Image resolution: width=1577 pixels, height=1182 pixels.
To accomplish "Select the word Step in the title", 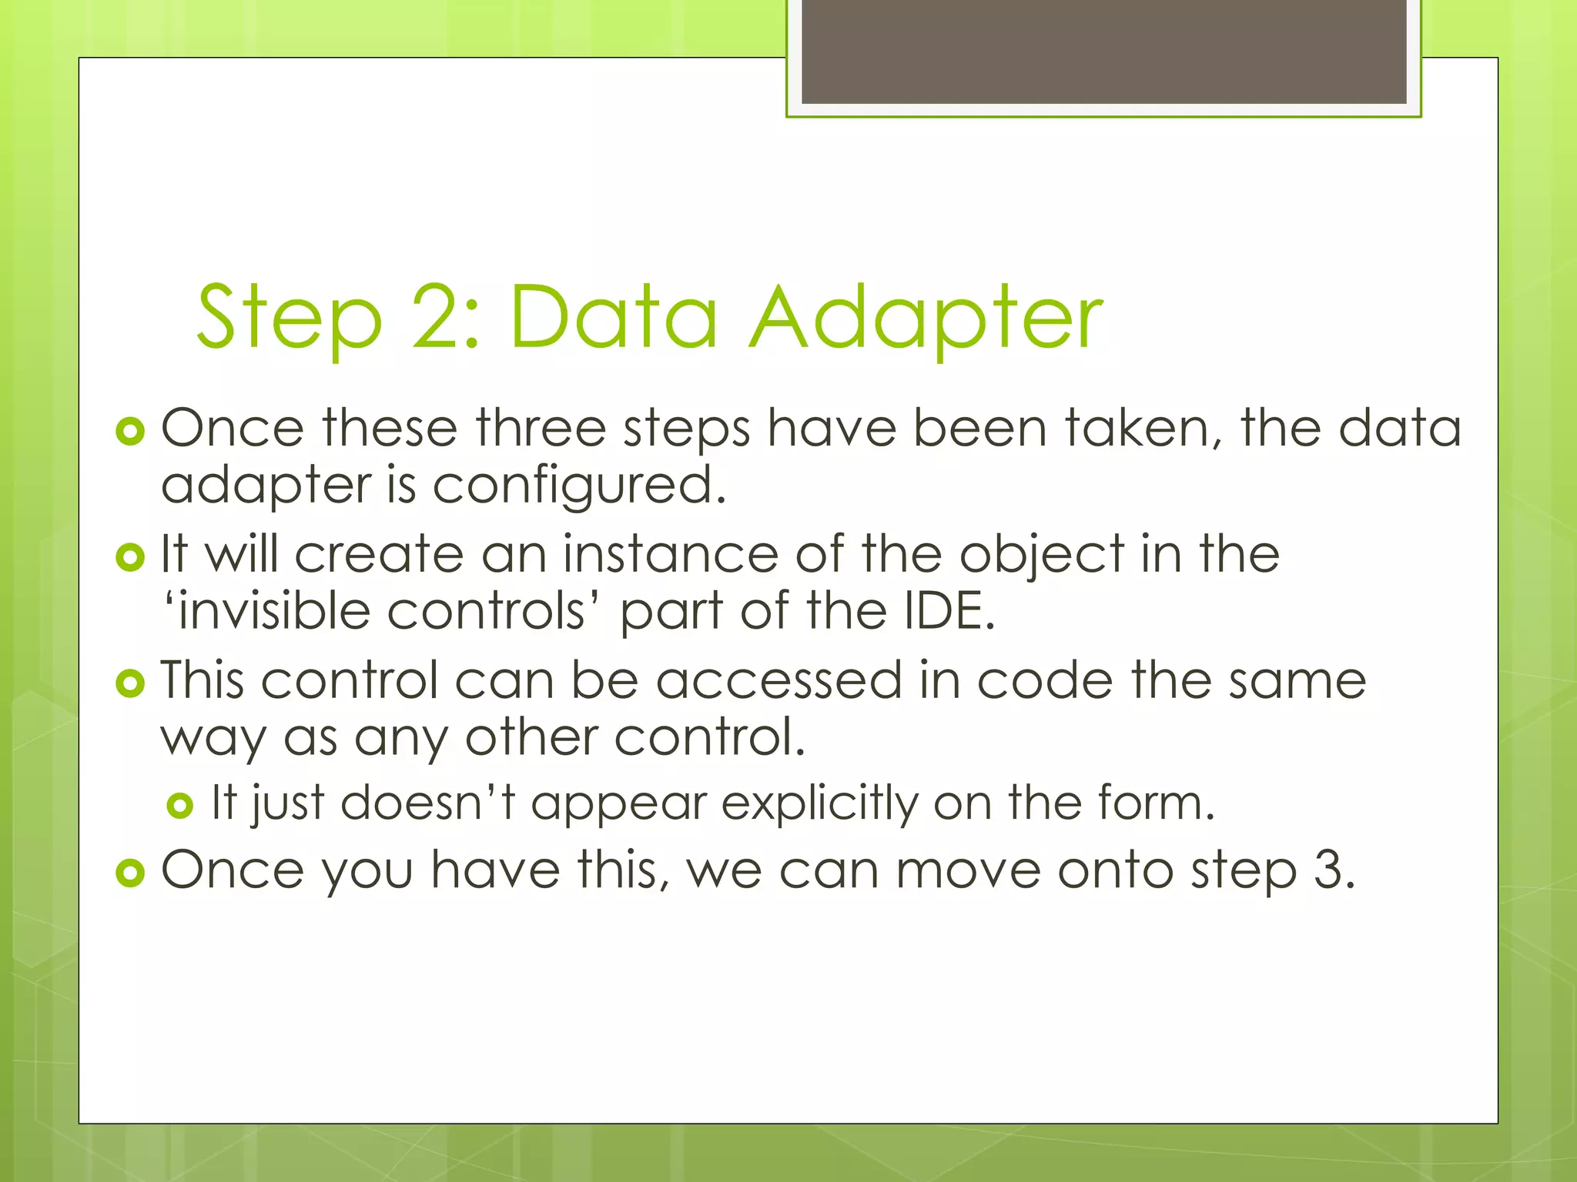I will click(290, 317).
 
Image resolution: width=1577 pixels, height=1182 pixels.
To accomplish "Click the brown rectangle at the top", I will click(1103, 51).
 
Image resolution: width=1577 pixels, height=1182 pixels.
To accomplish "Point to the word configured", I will click(578, 487).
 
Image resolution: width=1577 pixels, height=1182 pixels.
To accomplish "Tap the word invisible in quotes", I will click(273, 611).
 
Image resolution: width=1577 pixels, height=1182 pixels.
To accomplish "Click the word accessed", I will click(778, 681).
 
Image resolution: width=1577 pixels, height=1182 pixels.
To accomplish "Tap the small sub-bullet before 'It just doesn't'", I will click(179, 806).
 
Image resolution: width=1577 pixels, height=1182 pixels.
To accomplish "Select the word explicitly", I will click(820, 804).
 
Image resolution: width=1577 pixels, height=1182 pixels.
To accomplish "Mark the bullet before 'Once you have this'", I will click(130, 873).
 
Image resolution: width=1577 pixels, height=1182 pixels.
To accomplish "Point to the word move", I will click(967, 870).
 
